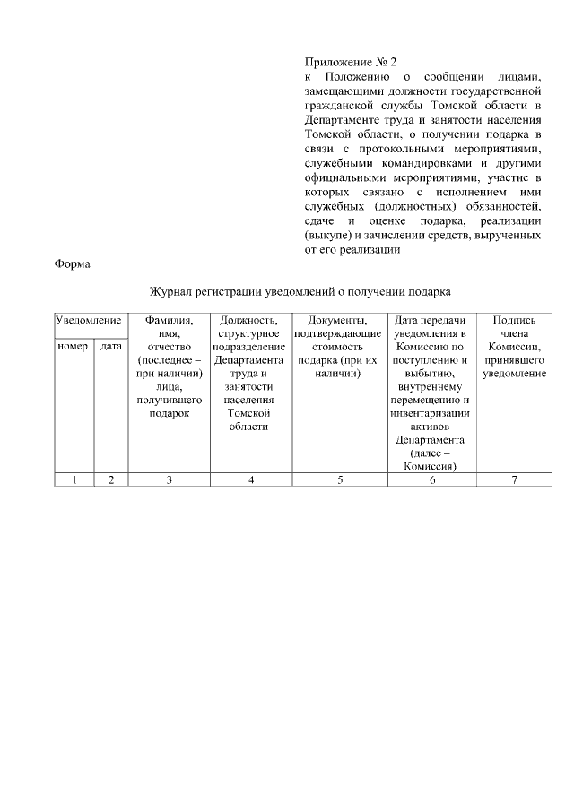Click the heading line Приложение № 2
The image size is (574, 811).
[338, 62]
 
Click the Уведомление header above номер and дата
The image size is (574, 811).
[88, 320]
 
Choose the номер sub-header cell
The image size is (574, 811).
[73, 346]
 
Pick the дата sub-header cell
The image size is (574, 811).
[111, 346]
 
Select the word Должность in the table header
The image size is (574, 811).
[250, 320]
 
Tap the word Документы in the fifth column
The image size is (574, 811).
[336, 320]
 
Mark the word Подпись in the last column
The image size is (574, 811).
[514, 320]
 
